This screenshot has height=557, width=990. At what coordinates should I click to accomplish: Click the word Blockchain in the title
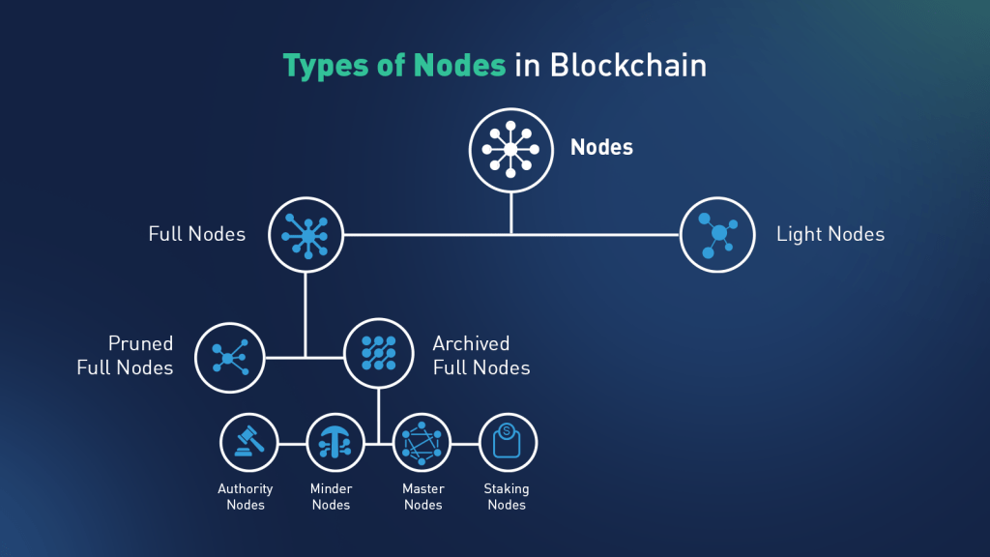click(628, 66)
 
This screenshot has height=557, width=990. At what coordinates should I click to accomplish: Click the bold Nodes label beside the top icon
click(601, 148)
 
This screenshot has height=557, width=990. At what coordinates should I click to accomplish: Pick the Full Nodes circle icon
click(307, 235)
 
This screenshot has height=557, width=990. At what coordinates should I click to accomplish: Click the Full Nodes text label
click(197, 234)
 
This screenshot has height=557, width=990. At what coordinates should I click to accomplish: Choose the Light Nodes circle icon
click(718, 235)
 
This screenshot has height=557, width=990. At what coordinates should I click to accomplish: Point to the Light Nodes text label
click(830, 234)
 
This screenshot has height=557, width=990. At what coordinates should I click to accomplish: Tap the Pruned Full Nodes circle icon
click(230, 358)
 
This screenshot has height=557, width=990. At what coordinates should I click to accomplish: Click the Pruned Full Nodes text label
click(126, 355)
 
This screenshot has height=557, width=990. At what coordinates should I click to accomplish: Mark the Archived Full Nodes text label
click(481, 355)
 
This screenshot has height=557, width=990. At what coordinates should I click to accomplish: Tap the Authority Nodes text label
click(246, 497)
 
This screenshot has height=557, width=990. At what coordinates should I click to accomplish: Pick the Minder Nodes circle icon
click(335, 444)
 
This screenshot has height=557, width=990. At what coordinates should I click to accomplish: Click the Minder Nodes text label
click(331, 497)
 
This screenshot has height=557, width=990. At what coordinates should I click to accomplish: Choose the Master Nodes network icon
click(422, 444)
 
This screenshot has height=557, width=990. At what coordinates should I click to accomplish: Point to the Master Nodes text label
click(423, 497)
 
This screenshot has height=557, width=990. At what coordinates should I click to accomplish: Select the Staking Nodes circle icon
click(508, 444)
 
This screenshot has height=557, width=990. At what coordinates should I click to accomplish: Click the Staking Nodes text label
click(507, 497)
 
